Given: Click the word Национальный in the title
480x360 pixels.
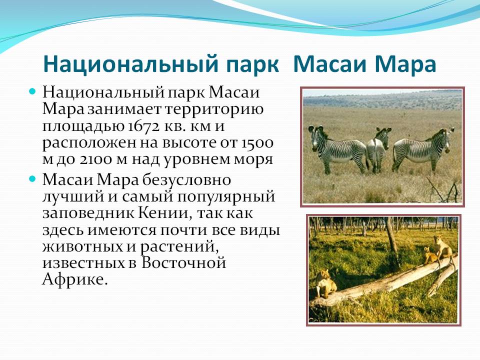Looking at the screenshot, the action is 130,64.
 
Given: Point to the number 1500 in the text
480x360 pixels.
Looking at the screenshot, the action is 256,142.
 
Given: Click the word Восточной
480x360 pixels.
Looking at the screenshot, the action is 183,262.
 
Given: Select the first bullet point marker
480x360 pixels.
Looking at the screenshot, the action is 32,91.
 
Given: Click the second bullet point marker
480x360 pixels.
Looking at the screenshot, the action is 32,179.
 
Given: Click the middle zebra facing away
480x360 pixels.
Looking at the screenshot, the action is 378,149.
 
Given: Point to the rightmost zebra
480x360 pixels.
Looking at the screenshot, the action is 423,150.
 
